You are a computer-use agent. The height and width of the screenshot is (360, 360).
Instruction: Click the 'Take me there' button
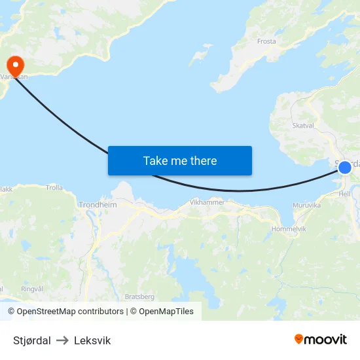(180, 160)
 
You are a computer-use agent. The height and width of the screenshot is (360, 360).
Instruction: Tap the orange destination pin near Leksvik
(14, 64)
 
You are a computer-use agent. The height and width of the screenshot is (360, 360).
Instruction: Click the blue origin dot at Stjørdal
(345, 167)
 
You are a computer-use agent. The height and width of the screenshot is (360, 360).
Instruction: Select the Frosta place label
(266, 41)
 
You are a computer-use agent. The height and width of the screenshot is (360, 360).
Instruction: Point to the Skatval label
(304, 125)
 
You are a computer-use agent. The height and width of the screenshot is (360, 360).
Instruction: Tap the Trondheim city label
(98, 205)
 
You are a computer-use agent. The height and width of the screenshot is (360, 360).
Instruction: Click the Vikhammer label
(207, 202)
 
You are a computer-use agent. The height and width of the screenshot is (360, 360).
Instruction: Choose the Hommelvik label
(288, 228)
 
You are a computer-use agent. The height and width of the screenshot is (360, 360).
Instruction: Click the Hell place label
(345, 194)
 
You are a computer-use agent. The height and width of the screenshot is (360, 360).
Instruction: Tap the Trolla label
(54, 188)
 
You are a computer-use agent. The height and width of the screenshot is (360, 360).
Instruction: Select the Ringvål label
(31, 289)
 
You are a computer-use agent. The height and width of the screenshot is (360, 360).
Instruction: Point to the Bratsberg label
(139, 297)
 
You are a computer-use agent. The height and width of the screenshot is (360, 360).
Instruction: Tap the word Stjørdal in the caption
(32, 340)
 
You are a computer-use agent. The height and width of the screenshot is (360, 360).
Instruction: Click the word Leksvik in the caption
(92, 340)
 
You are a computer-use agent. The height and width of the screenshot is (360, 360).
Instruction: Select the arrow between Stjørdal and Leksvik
(62, 340)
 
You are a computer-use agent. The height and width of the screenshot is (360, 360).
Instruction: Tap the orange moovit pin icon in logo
(299, 339)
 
